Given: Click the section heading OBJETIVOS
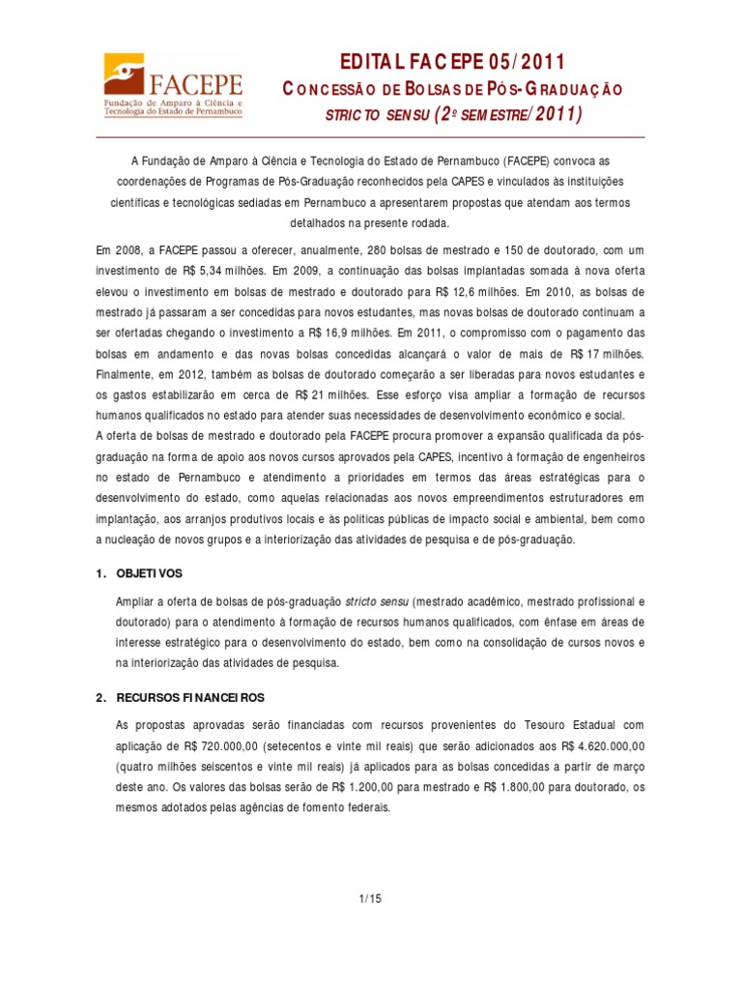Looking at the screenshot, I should pos(149,573).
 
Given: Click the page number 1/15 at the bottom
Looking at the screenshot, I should pos(370,898).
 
